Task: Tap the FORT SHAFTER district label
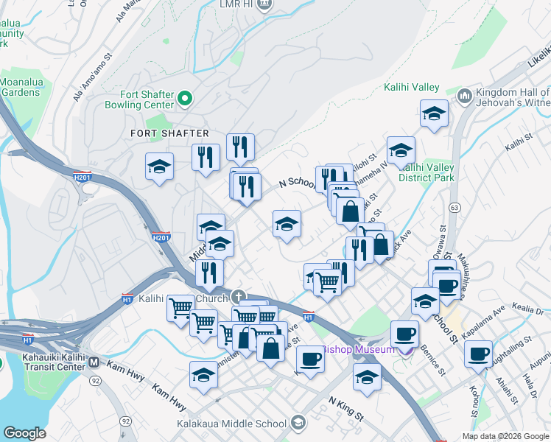pos(169,133)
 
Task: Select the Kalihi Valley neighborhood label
pos(412,88)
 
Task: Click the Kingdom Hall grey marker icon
pos(465,96)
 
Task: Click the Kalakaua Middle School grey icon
pos(298,423)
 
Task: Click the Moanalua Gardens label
pos(20,87)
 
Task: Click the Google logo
pos(24,433)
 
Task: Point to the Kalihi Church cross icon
pos(238,298)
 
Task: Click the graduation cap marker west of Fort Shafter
pos(159,169)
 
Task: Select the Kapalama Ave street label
pos(483,312)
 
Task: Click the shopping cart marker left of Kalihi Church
pos(180,309)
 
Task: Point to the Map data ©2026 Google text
pos(504,436)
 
